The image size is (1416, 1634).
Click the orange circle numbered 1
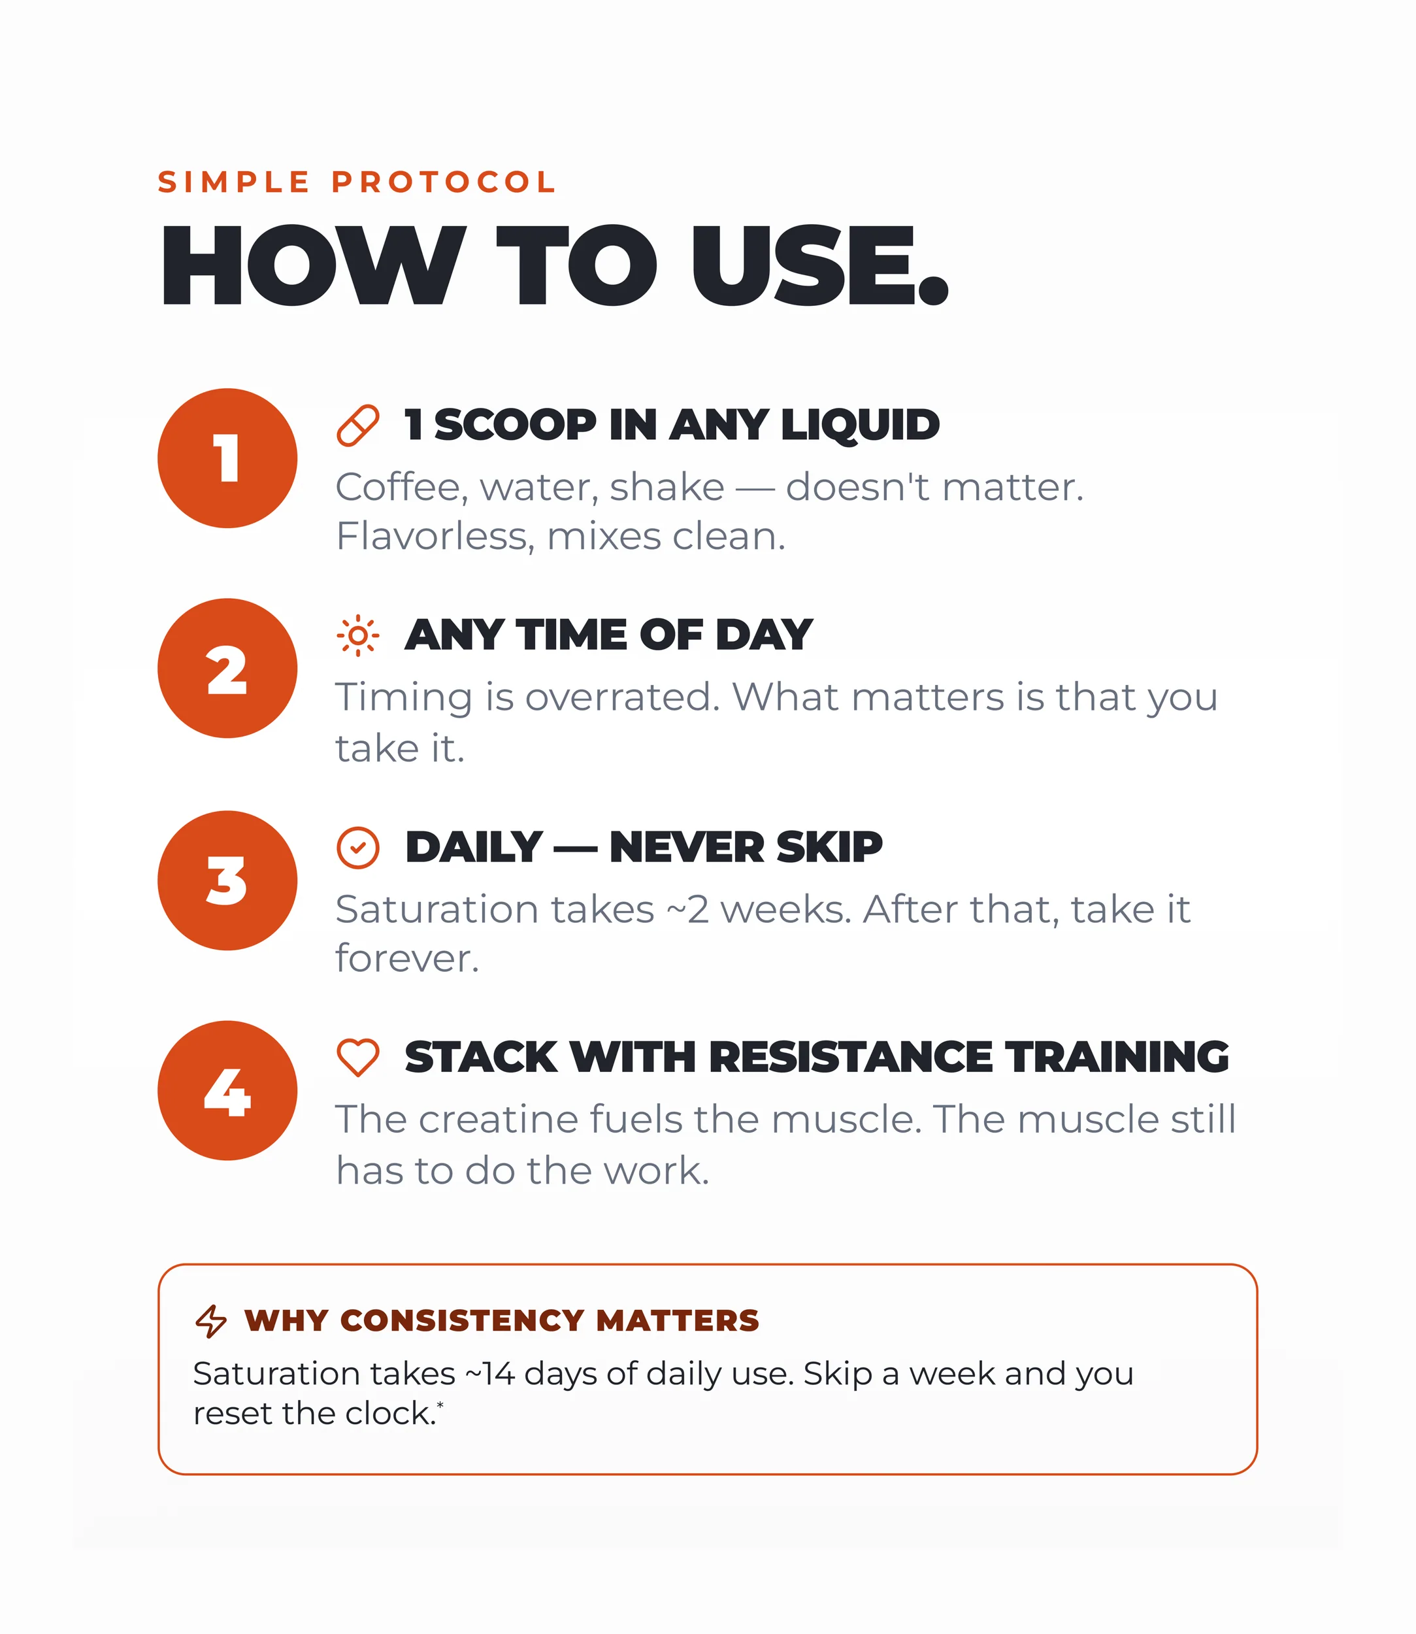(227, 458)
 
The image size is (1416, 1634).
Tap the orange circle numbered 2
(227, 669)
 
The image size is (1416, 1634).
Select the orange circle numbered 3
(227, 880)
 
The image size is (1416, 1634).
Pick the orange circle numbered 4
(227, 1091)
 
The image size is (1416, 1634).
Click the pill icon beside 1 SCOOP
(358, 425)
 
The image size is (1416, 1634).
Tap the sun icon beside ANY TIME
(358, 635)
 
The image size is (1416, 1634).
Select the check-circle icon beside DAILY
(358, 848)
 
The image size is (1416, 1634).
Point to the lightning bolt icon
(211, 1321)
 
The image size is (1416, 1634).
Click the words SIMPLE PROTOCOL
(357, 182)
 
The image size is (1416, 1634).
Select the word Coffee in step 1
(397, 488)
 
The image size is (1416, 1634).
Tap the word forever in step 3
(407, 958)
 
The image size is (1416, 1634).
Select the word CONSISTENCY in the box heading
(461, 1321)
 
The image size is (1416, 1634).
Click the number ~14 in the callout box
(490, 1374)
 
